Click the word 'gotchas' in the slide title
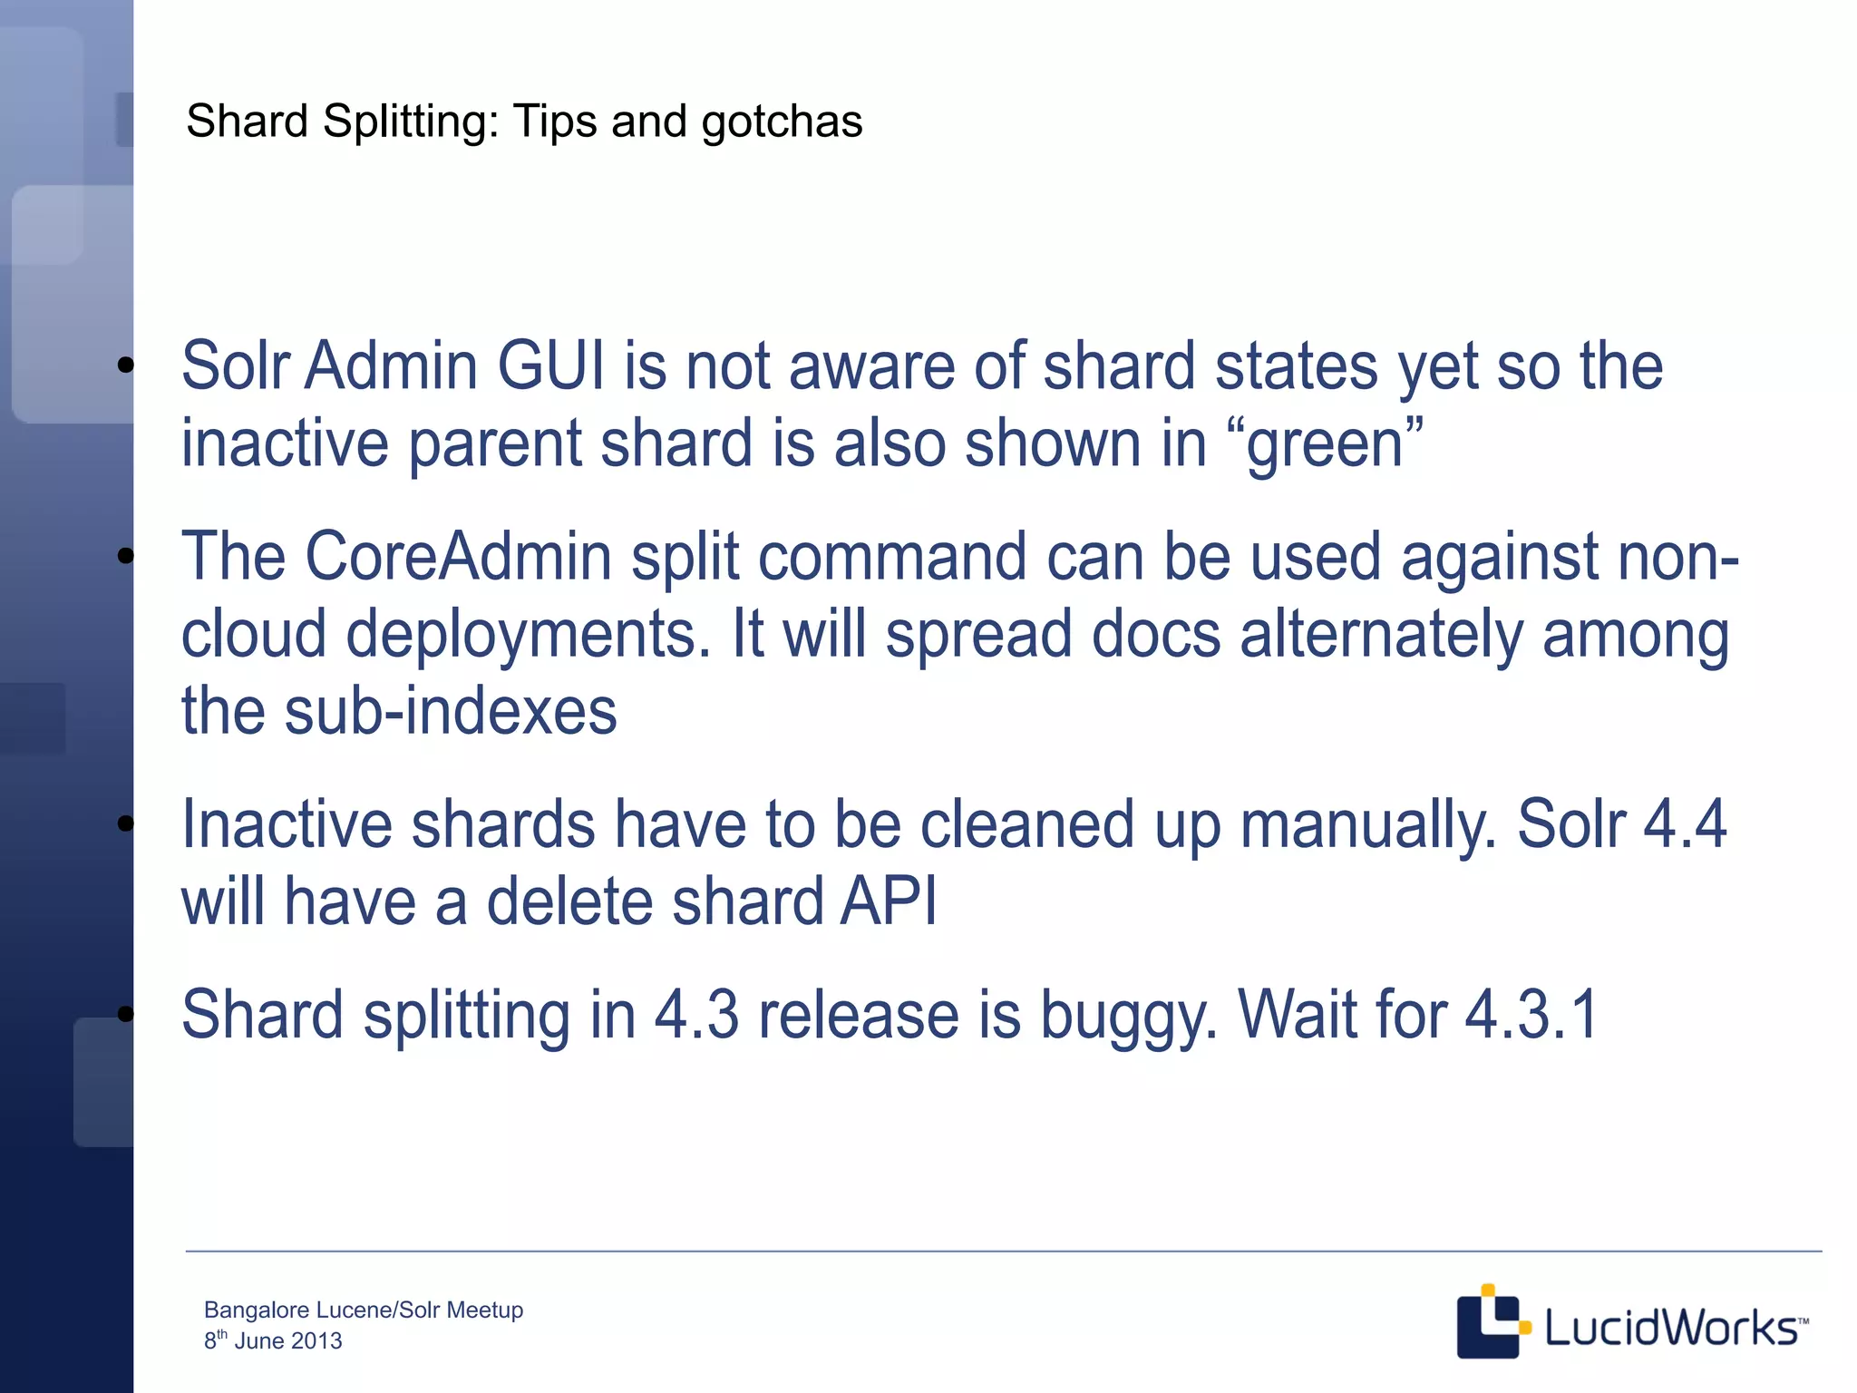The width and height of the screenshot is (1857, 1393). click(782, 122)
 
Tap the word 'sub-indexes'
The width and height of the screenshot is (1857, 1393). click(451, 711)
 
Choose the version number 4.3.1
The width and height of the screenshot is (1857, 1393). click(1531, 1016)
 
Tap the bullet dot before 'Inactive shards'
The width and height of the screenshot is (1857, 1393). click(126, 823)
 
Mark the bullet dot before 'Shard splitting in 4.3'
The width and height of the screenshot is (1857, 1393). click(126, 1014)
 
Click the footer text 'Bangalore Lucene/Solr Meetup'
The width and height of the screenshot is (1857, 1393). click(364, 1310)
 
